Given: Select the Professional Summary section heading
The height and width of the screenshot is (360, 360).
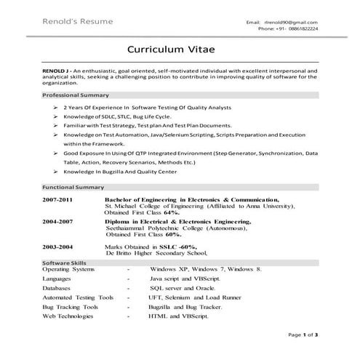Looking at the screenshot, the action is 76,95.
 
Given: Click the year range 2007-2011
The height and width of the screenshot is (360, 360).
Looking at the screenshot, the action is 57,199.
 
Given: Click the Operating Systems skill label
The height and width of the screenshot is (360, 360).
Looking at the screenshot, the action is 68,269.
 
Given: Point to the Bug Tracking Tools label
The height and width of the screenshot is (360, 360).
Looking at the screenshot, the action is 70,307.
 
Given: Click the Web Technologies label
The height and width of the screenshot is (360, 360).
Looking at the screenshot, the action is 70,317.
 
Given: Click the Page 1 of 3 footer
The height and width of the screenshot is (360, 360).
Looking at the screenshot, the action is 303,335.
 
